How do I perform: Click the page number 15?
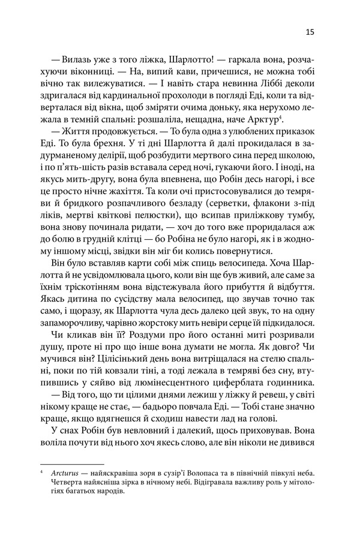(309, 31)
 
